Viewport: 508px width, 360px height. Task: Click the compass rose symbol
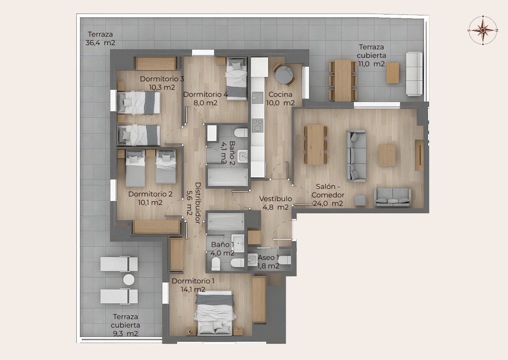(x=483, y=30)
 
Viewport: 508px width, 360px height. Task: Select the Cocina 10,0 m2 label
(x=280, y=99)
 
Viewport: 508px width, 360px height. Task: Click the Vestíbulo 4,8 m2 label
(x=275, y=203)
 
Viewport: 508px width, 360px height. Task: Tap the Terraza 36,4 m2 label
(x=101, y=39)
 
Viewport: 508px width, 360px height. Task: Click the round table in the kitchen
(x=284, y=75)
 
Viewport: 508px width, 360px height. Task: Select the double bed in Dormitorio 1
(x=214, y=312)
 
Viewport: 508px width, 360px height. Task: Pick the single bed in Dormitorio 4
(x=237, y=78)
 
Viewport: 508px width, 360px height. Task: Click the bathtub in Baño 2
(x=228, y=177)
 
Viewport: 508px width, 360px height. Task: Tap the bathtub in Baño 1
(x=225, y=222)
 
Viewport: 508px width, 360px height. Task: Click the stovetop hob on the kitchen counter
(x=258, y=125)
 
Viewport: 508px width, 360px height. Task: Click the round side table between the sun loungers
(x=128, y=280)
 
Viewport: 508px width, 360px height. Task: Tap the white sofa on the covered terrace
(x=414, y=74)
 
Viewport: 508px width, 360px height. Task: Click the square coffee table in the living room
(x=387, y=156)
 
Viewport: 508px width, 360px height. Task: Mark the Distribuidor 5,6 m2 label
(x=194, y=203)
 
